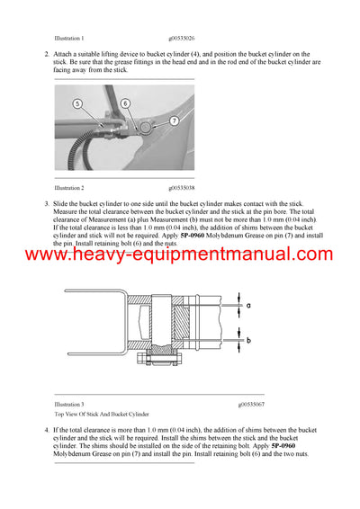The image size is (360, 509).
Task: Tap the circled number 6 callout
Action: (x=125, y=103)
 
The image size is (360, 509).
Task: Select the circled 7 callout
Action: (x=173, y=121)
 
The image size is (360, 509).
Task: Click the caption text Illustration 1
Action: (x=69, y=39)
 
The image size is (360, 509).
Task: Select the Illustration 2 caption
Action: (x=69, y=188)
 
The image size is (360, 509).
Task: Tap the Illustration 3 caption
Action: (x=69, y=405)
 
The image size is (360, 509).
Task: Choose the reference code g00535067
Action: (x=257, y=405)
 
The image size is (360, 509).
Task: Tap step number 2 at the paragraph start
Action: (x=47, y=55)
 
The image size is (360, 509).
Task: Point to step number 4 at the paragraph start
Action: (x=47, y=431)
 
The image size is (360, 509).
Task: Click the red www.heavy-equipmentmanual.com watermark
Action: (x=180, y=255)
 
